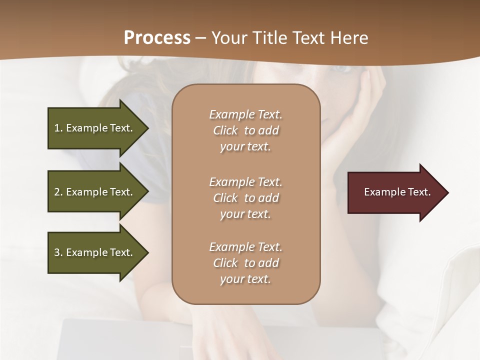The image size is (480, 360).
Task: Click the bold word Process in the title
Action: pyautogui.click(x=157, y=38)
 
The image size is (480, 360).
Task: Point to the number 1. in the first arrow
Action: pyautogui.click(x=58, y=128)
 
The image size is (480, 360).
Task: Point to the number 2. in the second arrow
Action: pyautogui.click(x=58, y=192)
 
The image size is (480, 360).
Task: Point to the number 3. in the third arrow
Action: pyautogui.click(x=58, y=252)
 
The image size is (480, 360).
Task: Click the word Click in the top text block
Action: pyautogui.click(x=225, y=131)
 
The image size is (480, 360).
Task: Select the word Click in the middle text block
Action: pyautogui.click(x=225, y=198)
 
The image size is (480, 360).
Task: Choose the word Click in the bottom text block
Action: pyautogui.click(x=225, y=263)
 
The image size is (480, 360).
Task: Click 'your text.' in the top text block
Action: pyautogui.click(x=245, y=147)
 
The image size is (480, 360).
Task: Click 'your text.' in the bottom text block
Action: pyautogui.click(x=245, y=279)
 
